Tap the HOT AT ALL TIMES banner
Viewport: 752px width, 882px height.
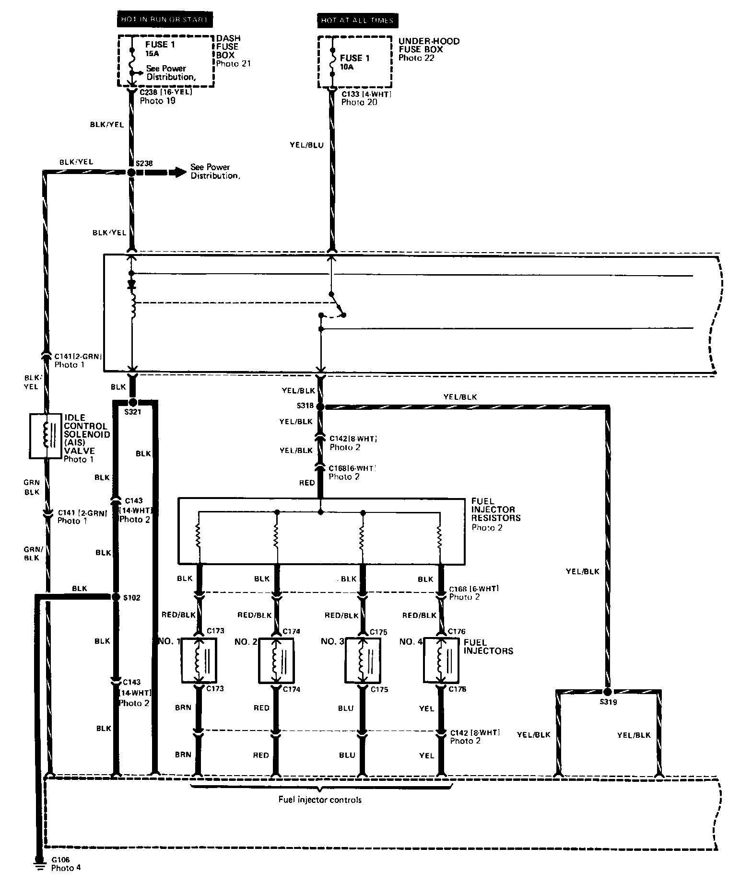[357, 20]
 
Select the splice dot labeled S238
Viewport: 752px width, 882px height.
[131, 172]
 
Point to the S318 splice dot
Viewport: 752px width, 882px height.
[321, 406]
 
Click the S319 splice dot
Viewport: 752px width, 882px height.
[608, 691]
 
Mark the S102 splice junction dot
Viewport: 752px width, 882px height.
[115, 597]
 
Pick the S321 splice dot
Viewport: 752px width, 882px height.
[133, 402]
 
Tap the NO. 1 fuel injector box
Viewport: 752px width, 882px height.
[199, 660]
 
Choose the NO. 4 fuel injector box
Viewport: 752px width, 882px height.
[441, 660]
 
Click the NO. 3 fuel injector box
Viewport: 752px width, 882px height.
[363, 660]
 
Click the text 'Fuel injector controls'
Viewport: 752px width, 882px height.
[320, 800]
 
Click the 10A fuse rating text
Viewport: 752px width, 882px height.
[347, 67]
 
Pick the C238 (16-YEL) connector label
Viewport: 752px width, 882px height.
[165, 92]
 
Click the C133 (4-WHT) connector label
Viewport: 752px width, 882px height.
[366, 94]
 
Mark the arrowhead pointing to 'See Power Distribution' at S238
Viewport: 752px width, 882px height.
[179, 172]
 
